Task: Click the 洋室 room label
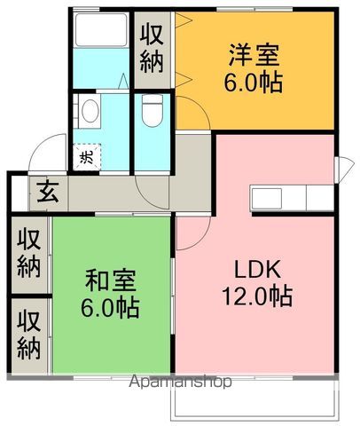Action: [254, 55]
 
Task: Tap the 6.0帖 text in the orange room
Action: [253, 83]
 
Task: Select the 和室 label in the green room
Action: [111, 280]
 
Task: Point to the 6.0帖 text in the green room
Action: [110, 308]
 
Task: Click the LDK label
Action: [257, 269]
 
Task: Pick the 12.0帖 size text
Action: [257, 296]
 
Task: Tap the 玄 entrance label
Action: [48, 192]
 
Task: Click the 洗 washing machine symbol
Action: [88, 157]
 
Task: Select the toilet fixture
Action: [153, 111]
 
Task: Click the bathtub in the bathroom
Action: [101, 30]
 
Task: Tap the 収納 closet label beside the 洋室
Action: [152, 49]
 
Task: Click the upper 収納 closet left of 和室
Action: [28, 254]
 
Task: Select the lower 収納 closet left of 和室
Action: [28, 335]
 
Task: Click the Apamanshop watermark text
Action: [180, 382]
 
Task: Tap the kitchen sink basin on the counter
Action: [266, 198]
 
